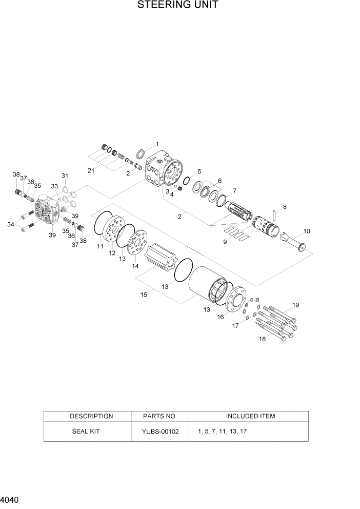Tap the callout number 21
pyautogui.click(x=91, y=170)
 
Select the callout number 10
pyautogui.click(x=307, y=231)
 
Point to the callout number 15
pyautogui.click(x=144, y=294)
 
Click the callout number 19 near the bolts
pyautogui.click(x=295, y=305)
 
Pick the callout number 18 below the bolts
pyautogui.click(x=262, y=339)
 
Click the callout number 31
pyautogui.click(x=65, y=176)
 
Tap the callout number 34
pyautogui.click(x=11, y=224)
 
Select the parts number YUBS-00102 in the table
pyautogui.click(x=160, y=432)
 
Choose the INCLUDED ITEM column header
pyautogui.click(x=250, y=416)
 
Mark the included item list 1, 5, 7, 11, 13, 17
pyautogui.click(x=222, y=432)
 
